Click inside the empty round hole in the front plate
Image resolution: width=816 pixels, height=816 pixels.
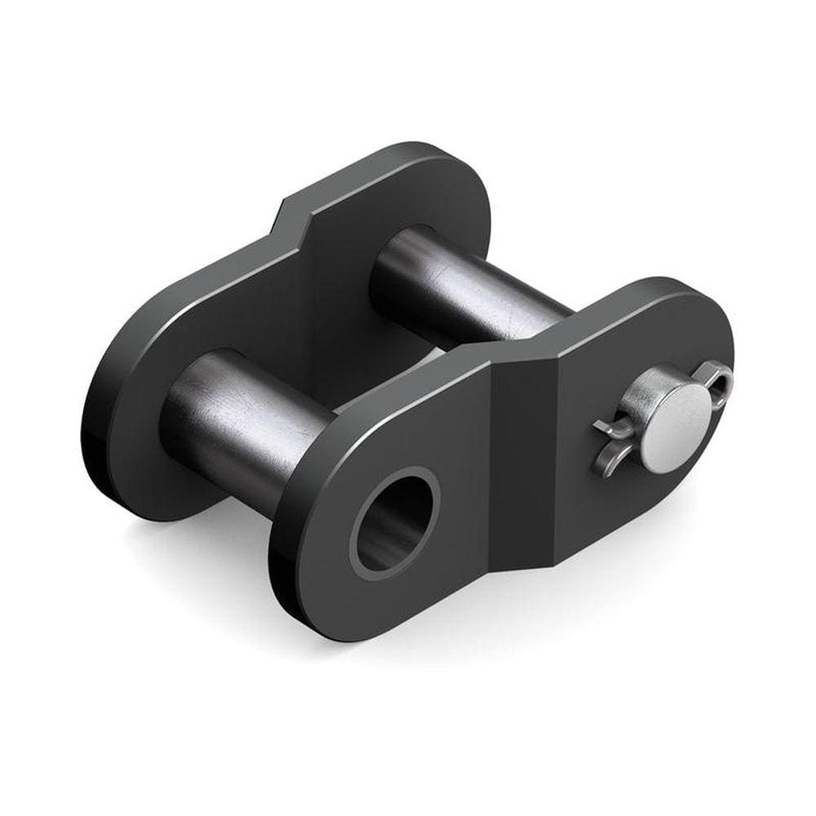tap(394, 523)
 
